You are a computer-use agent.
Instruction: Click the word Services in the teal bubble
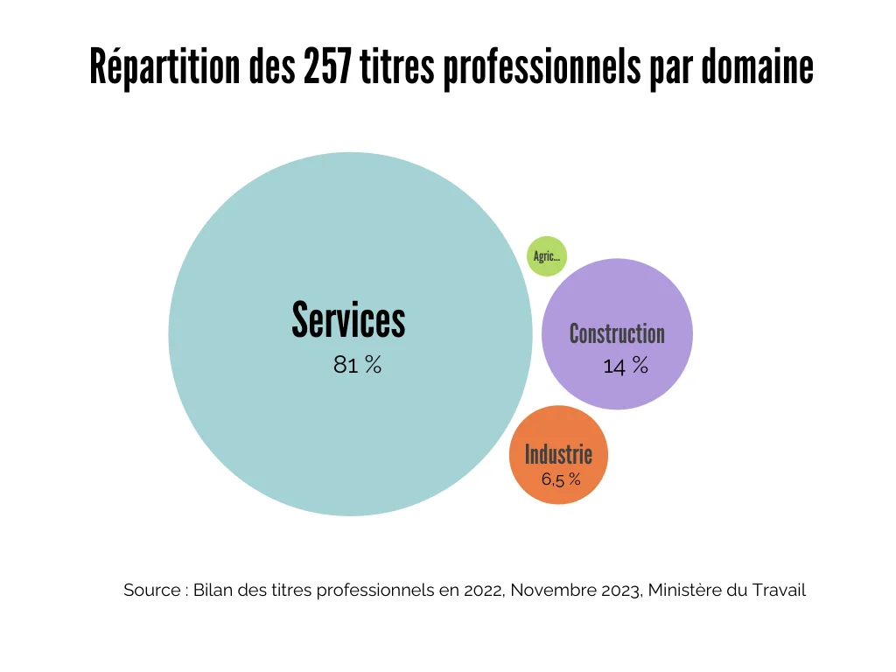(x=348, y=319)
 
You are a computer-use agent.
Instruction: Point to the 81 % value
(x=357, y=366)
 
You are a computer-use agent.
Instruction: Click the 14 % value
(x=626, y=366)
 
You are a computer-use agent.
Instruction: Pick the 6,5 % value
(x=561, y=479)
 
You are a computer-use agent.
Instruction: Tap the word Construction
(x=617, y=333)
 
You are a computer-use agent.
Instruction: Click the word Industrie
(x=558, y=454)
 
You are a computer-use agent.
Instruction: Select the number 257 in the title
(x=327, y=68)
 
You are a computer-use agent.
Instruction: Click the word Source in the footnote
(x=151, y=590)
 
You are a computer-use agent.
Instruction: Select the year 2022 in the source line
(x=479, y=590)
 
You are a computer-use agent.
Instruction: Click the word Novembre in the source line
(x=552, y=590)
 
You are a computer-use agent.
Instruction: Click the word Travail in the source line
(x=778, y=590)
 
